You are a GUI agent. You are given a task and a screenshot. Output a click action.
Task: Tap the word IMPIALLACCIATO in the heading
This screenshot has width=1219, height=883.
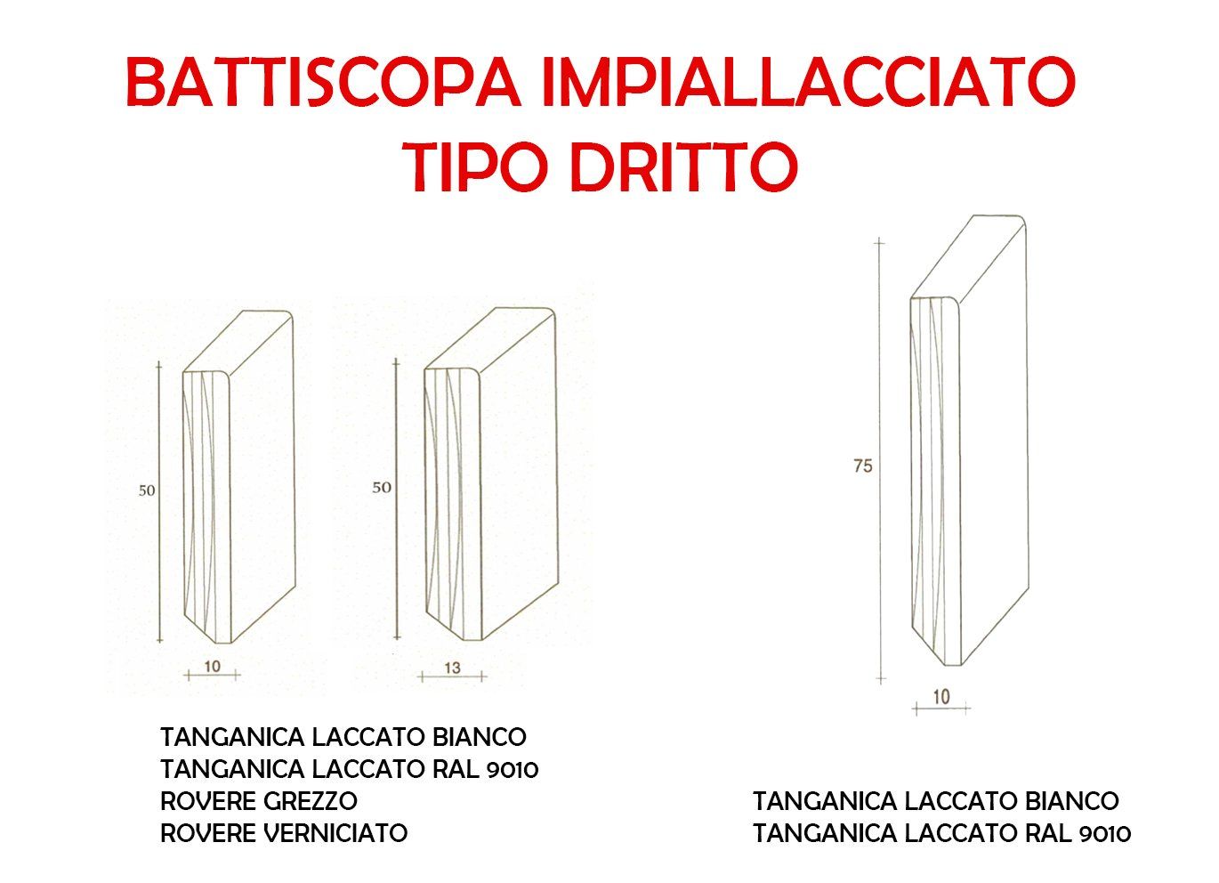coord(809,82)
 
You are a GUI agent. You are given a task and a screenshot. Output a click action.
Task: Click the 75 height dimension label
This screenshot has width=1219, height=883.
coord(863,466)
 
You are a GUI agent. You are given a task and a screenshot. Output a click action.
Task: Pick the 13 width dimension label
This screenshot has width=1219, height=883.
coord(452,668)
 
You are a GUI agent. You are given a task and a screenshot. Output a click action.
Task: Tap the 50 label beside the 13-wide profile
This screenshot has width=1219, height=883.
coord(382,487)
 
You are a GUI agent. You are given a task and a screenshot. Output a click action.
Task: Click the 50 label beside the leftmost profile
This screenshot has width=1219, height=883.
coord(147,490)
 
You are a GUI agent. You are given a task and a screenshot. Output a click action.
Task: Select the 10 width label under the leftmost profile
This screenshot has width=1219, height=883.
coord(213,666)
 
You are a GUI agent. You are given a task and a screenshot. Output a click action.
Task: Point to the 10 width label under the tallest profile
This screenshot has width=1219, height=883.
coord(941,697)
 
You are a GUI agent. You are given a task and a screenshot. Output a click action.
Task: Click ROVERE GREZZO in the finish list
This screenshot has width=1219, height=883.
coord(259,801)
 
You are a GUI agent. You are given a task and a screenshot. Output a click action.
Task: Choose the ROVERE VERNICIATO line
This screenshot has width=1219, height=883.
coord(284,833)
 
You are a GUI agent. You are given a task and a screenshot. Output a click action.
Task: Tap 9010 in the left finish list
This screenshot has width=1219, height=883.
coord(513,769)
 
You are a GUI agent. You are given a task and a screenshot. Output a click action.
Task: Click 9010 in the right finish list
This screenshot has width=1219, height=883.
coord(1105,834)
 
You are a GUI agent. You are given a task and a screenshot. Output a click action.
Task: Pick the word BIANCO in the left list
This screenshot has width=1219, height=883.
coord(480,736)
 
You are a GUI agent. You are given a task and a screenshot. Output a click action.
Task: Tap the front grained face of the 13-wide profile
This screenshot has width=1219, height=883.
coord(453,504)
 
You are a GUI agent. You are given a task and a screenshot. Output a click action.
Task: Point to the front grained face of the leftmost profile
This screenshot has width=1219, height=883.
coord(206,506)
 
